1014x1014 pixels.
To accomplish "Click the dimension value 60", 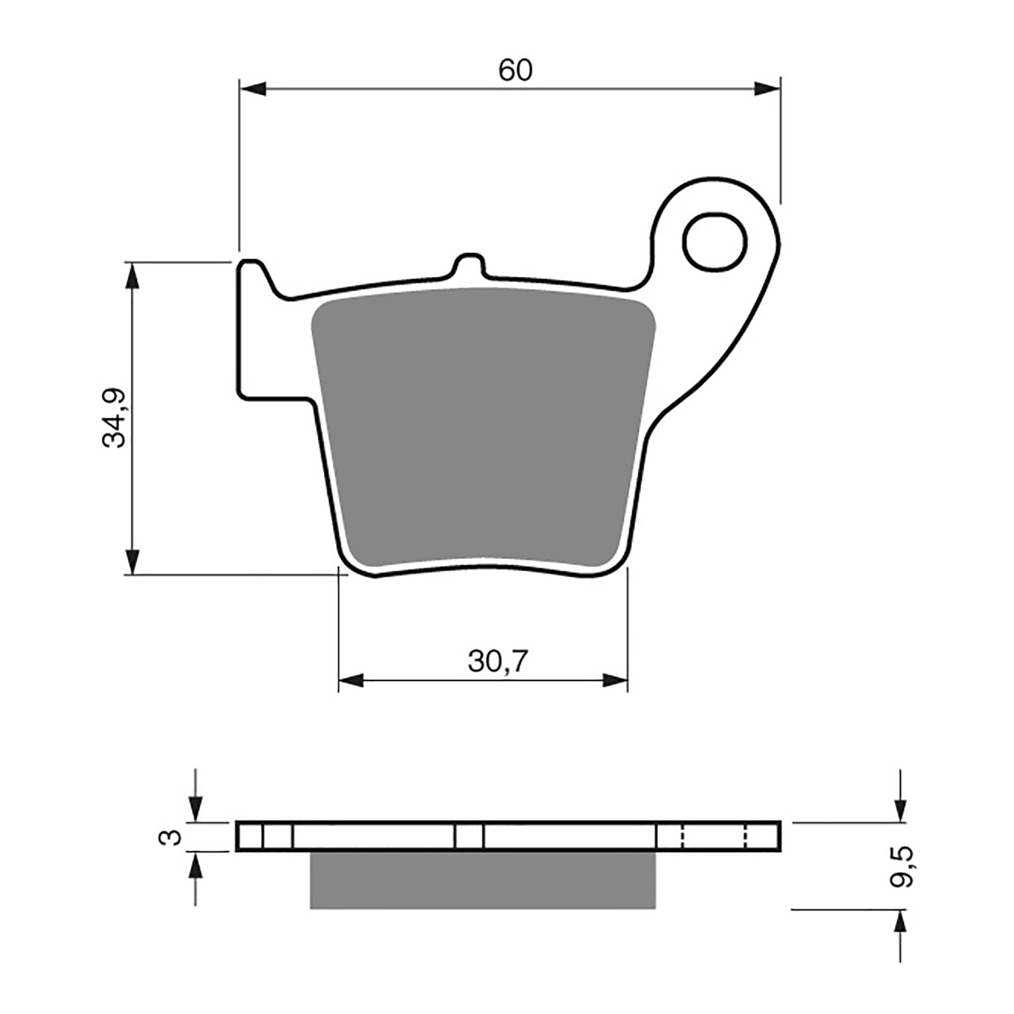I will [515, 70].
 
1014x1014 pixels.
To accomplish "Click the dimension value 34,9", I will [115, 418].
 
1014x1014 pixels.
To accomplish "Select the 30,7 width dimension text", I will [497, 662].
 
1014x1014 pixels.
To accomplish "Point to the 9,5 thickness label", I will [902, 866].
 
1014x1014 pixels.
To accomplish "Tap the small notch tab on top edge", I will [470, 264].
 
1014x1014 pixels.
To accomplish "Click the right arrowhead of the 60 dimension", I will [767, 89].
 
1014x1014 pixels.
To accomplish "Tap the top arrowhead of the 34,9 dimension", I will [132, 275].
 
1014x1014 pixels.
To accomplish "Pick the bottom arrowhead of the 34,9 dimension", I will [132, 561].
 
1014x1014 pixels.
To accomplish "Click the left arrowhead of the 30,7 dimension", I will [352, 681].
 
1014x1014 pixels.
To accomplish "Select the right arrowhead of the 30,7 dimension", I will [614, 681].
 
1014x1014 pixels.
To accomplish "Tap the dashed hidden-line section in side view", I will [714, 837].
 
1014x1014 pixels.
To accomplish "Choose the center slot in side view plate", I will [469, 837].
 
